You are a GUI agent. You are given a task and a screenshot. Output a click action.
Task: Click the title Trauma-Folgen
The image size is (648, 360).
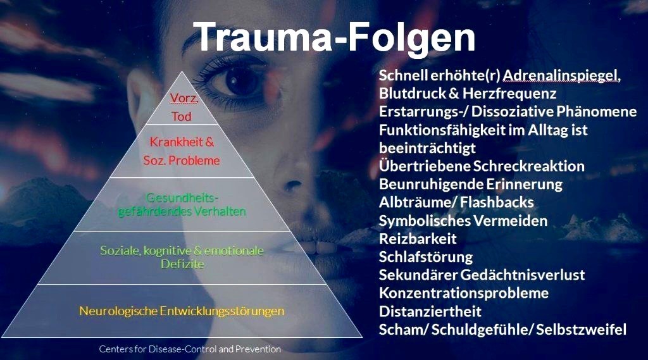[334, 38]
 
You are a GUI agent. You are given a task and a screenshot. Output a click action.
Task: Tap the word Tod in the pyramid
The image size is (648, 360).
[182, 116]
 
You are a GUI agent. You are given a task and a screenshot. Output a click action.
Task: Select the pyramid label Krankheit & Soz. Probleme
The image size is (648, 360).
[182, 151]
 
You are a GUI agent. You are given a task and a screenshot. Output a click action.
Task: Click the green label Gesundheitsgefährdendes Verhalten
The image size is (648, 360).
[182, 204]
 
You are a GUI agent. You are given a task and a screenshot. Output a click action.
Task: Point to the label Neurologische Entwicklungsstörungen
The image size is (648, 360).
[182, 311]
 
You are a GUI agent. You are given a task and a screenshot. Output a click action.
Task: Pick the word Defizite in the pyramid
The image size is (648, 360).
[182, 264]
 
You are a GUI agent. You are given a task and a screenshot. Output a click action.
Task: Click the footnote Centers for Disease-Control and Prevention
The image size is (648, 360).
[190, 349]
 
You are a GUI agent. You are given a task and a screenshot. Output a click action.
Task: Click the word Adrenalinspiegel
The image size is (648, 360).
[562, 76]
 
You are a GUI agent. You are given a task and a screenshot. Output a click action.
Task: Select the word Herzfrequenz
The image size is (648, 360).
[509, 94]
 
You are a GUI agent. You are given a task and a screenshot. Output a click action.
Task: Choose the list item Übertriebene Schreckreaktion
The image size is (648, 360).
[482, 166]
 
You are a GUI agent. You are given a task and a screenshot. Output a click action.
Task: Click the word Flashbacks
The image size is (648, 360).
[497, 202]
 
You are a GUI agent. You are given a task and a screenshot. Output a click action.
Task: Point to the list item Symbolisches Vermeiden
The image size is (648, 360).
[463, 221]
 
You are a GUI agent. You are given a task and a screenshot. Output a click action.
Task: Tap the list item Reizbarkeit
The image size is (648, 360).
[418, 239]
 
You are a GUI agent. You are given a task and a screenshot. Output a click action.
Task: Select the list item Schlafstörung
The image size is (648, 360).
[426, 257]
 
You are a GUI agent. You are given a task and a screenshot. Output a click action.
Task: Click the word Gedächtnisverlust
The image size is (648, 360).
[522, 275]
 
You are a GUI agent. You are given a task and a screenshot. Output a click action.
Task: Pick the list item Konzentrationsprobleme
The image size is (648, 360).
[464, 294]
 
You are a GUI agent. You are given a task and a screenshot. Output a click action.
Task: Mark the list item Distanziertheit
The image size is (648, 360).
[430, 311]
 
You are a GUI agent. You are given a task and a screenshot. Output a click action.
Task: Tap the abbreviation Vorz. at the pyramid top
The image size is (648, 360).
[184, 98]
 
